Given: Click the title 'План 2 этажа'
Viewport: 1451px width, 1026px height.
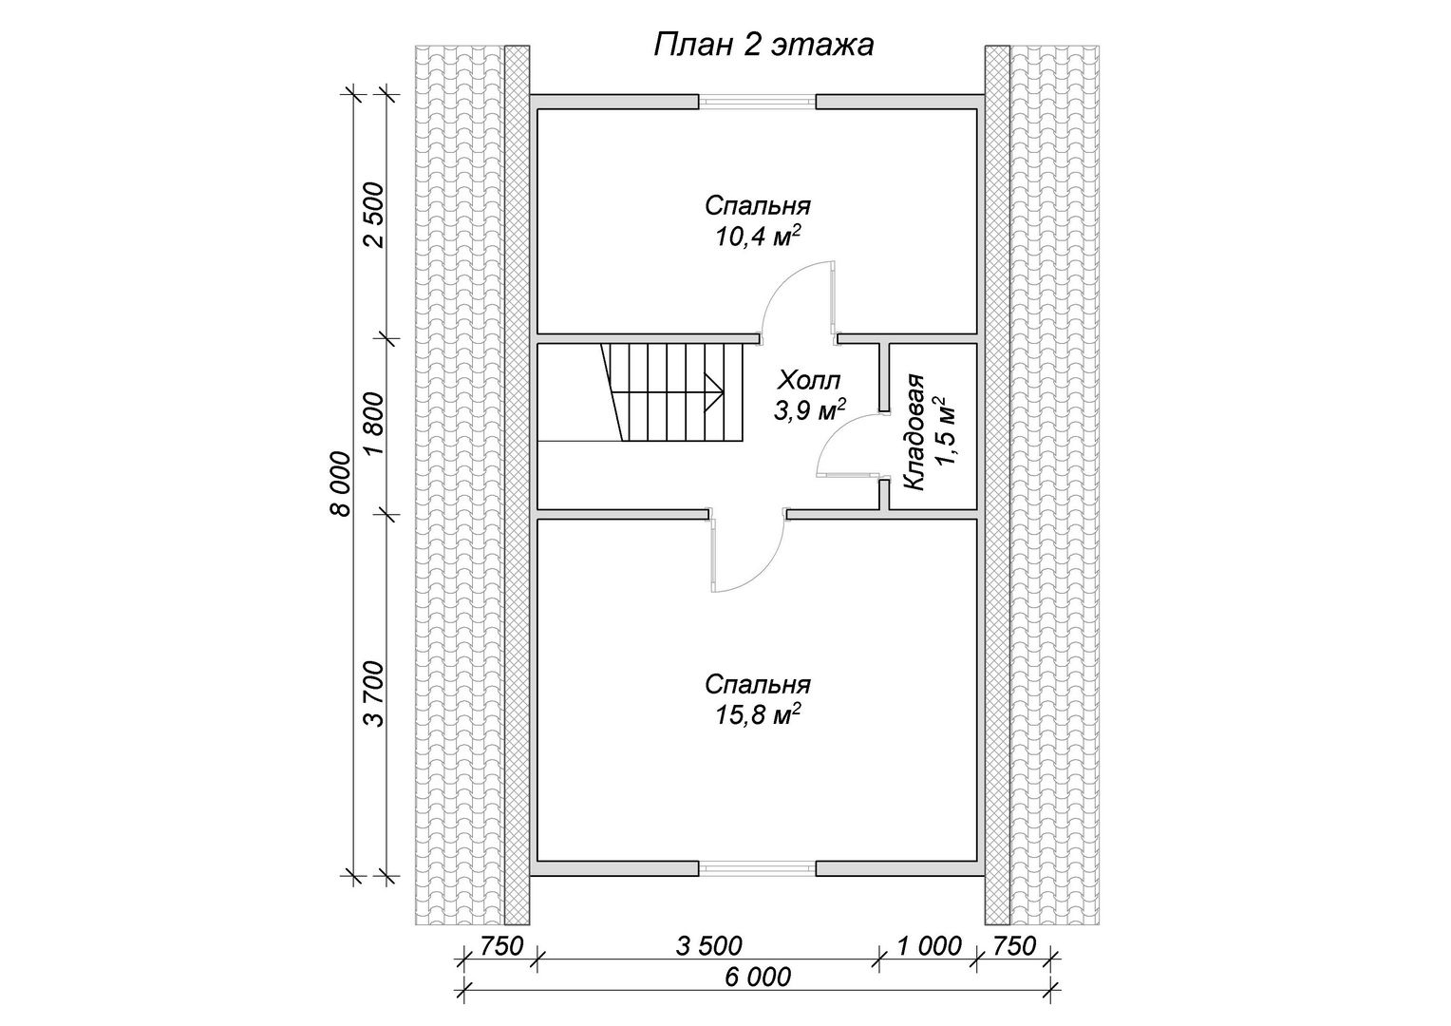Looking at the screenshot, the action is [x=763, y=46].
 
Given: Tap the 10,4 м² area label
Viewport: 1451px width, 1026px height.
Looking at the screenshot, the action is [x=757, y=237].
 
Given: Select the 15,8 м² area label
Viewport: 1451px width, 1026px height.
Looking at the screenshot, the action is [x=758, y=715].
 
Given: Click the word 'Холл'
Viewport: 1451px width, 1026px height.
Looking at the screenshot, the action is [x=809, y=378].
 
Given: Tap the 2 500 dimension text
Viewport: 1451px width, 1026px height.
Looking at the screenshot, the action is [x=374, y=216].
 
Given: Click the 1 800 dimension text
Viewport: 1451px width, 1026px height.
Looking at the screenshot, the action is [x=374, y=425].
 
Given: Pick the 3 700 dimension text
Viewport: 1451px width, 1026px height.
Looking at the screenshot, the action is [x=374, y=693].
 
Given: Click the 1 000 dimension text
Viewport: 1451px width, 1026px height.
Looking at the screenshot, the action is [x=929, y=945].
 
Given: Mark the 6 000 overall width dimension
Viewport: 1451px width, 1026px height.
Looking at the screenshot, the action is [x=758, y=977].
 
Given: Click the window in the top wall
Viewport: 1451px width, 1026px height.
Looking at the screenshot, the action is [x=757, y=102].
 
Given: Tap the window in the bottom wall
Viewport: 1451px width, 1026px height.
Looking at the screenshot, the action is [x=757, y=869].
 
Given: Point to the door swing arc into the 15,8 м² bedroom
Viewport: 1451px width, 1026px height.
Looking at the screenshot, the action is [x=762, y=570].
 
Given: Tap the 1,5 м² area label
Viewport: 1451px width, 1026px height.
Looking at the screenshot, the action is [x=944, y=432].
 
